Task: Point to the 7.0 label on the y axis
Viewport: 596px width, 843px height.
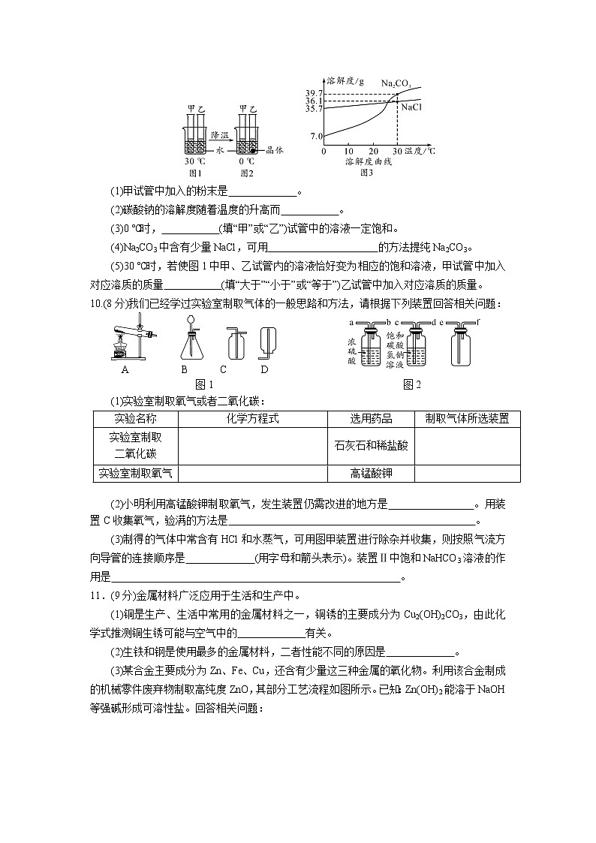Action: coord(316,136)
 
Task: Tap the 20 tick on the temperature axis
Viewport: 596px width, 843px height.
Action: coord(372,151)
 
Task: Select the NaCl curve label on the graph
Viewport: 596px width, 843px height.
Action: coord(411,107)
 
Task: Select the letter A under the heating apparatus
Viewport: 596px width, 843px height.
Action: coord(124,369)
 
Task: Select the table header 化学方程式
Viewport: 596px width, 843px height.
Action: coord(252,419)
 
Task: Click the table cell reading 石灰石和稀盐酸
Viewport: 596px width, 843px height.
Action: coord(371,445)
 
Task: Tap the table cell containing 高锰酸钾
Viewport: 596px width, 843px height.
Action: coord(371,474)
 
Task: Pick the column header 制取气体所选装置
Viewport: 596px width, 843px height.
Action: coord(466,419)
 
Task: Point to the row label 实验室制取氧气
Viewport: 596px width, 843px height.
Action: coord(135,474)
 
